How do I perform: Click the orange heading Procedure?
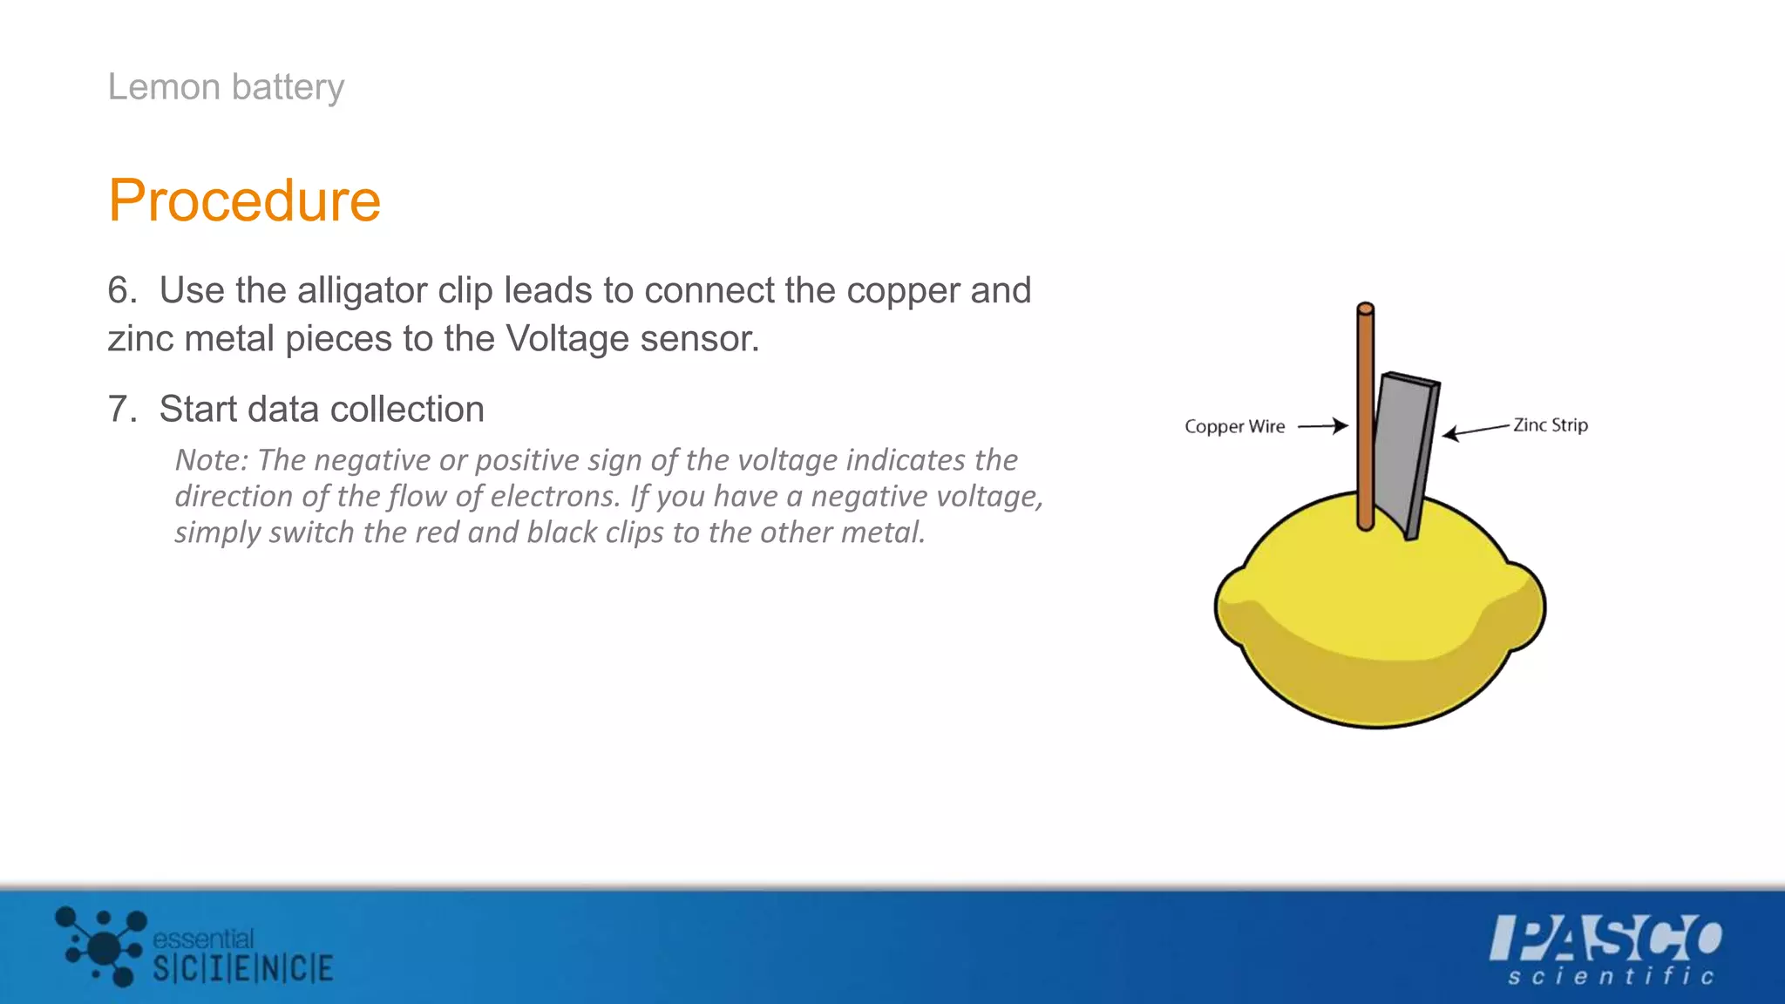[x=245, y=200]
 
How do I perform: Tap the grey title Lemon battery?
[x=226, y=87]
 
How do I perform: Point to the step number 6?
[x=121, y=290]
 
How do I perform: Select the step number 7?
[x=121, y=409]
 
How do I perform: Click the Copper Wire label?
[x=1234, y=426]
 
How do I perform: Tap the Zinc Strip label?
[x=1550, y=424]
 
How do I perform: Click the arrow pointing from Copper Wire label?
[x=1323, y=426]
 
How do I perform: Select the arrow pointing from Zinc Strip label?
[x=1475, y=430]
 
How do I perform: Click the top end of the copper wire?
[x=1366, y=309]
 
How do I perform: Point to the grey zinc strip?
[x=1403, y=444]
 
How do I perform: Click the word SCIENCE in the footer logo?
[x=243, y=968]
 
